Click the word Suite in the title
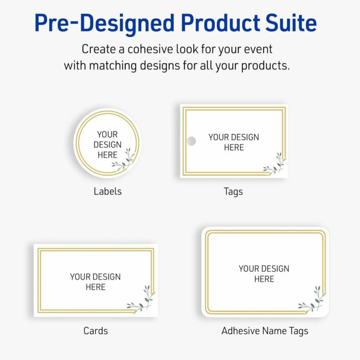coord(291,23)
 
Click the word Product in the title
coord(221,23)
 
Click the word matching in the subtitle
coord(113,66)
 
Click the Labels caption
coord(107,191)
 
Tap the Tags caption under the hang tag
coord(233,192)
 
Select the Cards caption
coord(96,331)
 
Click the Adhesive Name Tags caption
coord(265,331)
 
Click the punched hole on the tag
coord(191,141)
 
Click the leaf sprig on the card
coord(141,299)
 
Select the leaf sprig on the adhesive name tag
coord(312,300)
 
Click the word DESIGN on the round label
coord(107,145)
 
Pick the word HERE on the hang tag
coord(234,147)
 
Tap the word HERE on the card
coord(95,287)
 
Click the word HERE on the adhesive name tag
coord(264,279)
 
